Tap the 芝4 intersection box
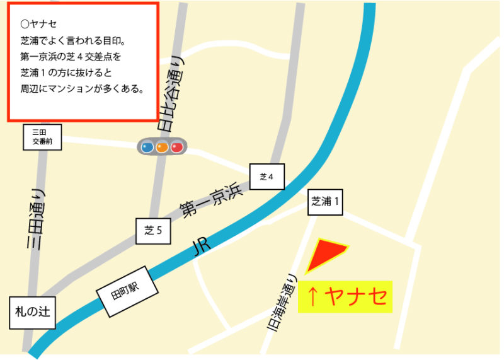click(x=266, y=177)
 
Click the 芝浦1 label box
click(x=326, y=202)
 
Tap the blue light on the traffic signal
click(x=147, y=148)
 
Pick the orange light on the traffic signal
click(x=162, y=148)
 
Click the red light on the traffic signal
click(x=176, y=148)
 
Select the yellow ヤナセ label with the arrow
click(x=345, y=296)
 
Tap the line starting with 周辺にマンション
click(x=83, y=89)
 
